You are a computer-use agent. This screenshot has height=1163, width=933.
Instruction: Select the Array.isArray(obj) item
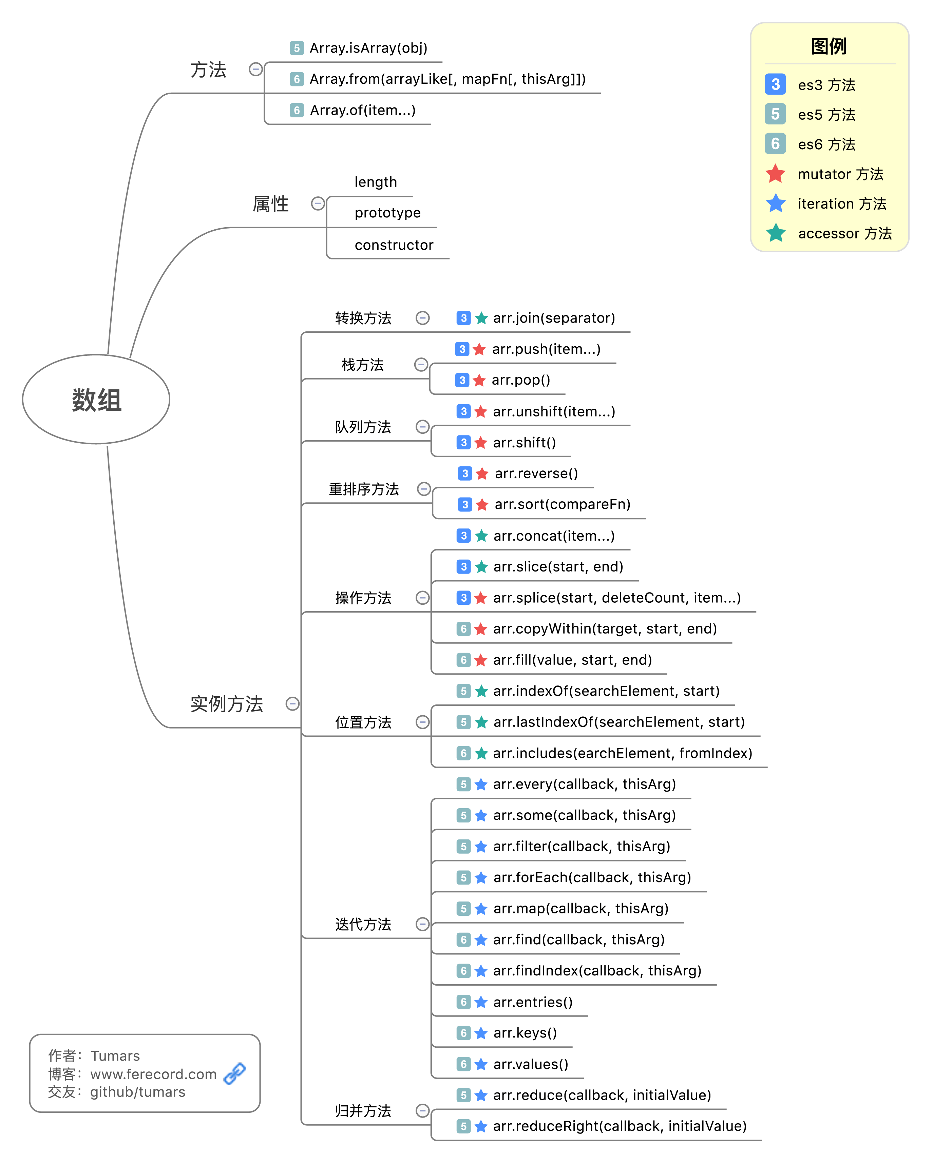368,48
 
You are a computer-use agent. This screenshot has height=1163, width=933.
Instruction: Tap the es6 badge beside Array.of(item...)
296,111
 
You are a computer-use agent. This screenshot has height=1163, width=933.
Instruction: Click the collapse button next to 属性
318,203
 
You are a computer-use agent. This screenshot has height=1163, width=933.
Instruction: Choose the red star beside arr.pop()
479,380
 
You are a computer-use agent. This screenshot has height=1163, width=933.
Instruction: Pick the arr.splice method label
616,598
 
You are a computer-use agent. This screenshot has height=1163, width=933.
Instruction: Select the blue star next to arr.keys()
481,1033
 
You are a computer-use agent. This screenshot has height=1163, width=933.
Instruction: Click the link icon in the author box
235,1073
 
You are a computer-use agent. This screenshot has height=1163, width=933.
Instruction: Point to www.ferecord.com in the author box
153,1074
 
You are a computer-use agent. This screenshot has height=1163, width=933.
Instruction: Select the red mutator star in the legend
776,174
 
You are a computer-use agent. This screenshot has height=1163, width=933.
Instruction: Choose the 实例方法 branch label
227,704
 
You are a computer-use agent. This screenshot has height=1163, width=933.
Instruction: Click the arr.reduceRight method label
620,1126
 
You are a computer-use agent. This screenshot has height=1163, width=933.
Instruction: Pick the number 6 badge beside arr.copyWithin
463,629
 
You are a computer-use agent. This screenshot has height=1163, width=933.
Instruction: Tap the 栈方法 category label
363,365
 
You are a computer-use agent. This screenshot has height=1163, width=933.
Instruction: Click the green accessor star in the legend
776,233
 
